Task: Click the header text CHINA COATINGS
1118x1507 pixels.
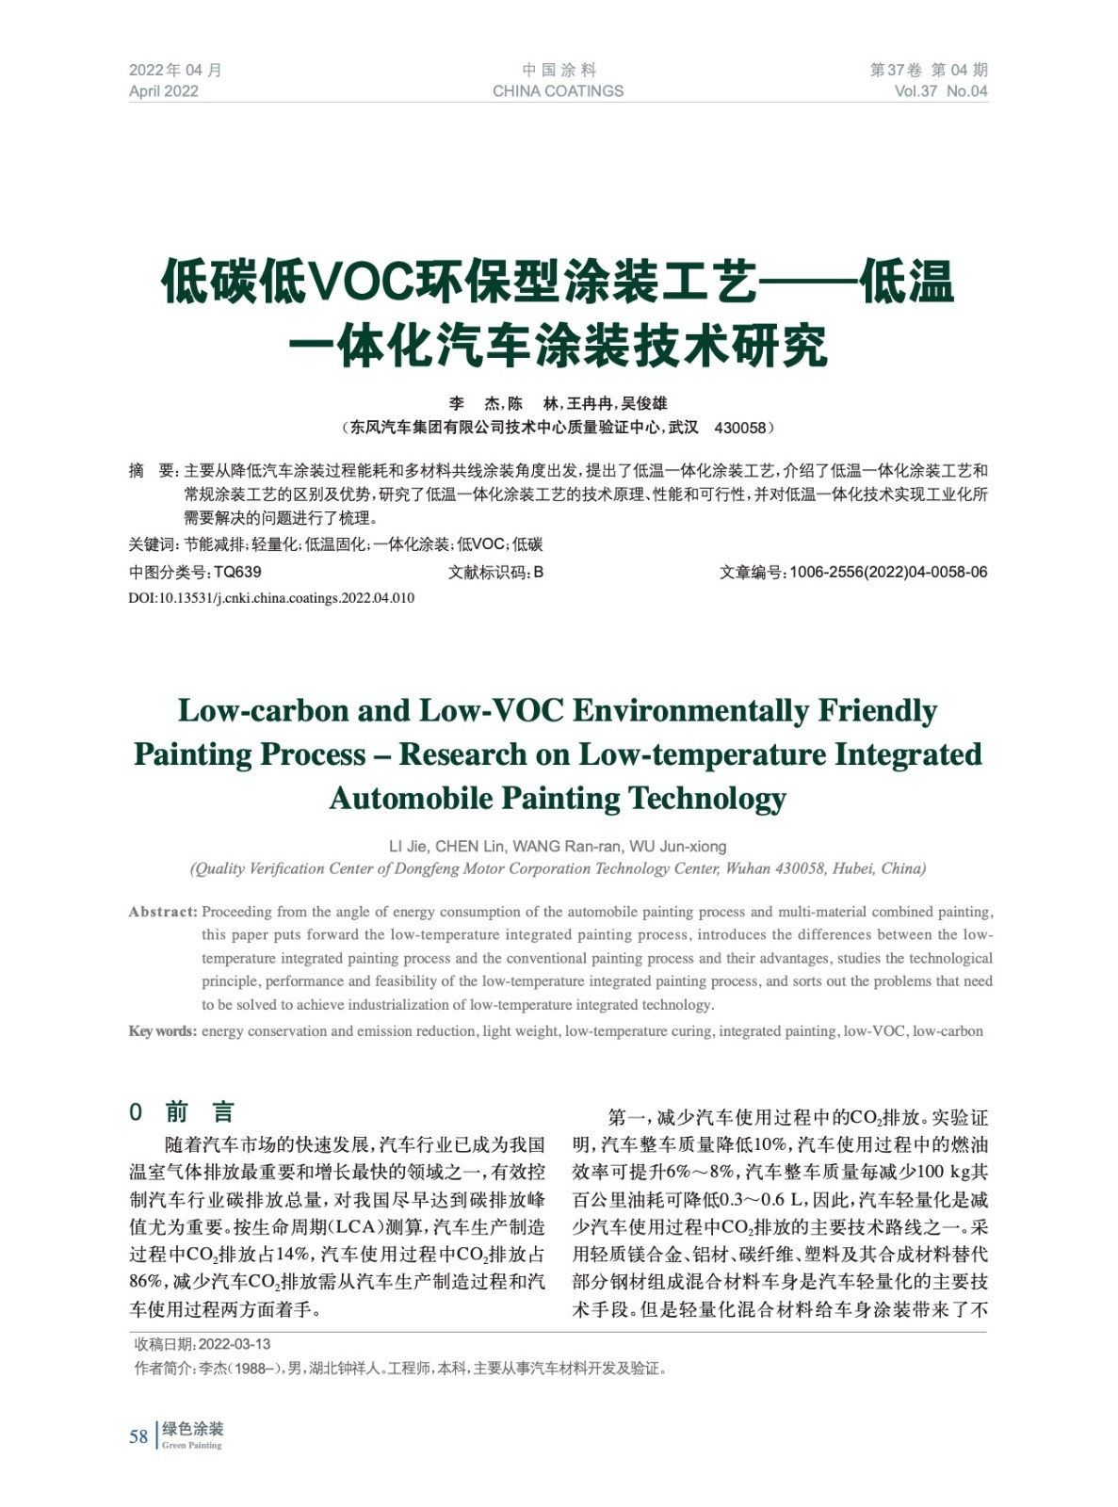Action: (x=558, y=91)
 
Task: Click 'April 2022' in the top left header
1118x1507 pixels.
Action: (x=164, y=91)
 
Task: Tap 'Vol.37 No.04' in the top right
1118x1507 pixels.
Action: (x=940, y=91)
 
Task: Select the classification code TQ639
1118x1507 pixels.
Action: (x=237, y=572)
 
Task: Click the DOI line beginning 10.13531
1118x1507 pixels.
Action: (x=271, y=598)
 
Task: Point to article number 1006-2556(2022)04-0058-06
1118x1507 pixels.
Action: (x=888, y=572)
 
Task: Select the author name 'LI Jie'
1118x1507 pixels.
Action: (x=408, y=846)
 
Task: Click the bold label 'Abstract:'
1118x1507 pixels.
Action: (x=162, y=912)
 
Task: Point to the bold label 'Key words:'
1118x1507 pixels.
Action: (x=162, y=1031)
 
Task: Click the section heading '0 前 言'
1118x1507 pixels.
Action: (x=182, y=1112)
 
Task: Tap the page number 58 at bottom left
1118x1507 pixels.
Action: (x=138, y=1436)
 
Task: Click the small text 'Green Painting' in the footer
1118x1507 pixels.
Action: (x=191, y=1446)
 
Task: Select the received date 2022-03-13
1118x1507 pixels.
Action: (x=235, y=1344)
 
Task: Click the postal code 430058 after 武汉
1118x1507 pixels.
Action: (x=740, y=428)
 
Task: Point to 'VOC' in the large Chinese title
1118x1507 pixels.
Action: (x=364, y=283)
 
